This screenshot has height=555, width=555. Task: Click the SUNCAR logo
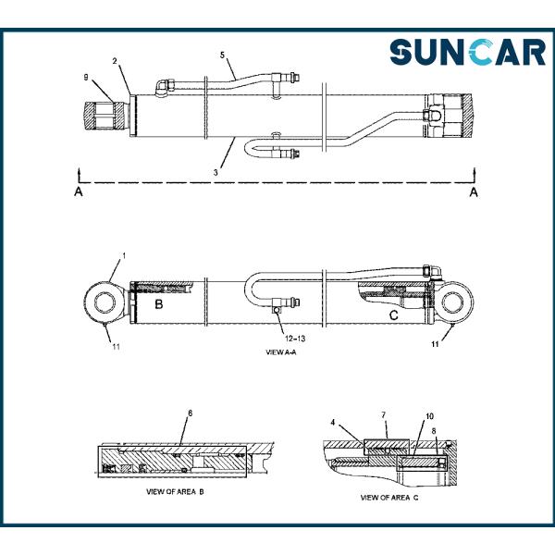click(x=467, y=52)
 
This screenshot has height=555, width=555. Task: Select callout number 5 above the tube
click(x=222, y=55)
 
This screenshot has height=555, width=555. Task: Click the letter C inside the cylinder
click(x=393, y=315)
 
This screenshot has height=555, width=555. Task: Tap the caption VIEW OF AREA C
click(x=389, y=498)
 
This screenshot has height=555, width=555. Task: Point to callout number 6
click(x=190, y=413)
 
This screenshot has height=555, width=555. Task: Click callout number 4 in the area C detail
click(x=332, y=424)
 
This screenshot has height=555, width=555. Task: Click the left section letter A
click(x=80, y=191)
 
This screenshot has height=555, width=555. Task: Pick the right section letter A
click(x=474, y=191)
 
